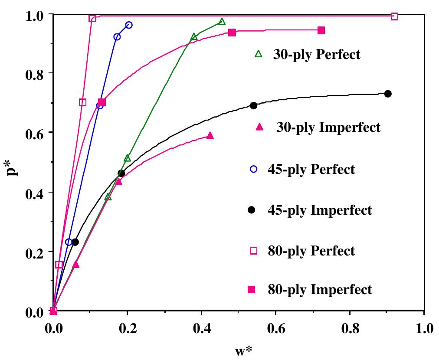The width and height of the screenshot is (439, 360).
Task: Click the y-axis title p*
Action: pyautogui.click(x=14, y=163)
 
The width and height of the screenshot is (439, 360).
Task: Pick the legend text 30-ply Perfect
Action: pyautogui.click(x=316, y=55)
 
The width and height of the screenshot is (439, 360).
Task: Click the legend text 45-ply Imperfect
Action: pyautogui.click(x=320, y=210)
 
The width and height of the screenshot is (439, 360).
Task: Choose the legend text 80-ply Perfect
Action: pyautogui.click(x=311, y=251)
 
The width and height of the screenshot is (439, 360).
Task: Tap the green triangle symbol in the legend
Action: pyautogui.click(x=259, y=54)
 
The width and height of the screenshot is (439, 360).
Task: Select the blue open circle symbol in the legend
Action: pyautogui.click(x=254, y=170)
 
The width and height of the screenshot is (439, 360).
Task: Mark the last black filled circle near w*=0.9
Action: pyautogui.click(x=388, y=94)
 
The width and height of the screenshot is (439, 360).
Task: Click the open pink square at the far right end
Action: pyautogui.click(x=394, y=16)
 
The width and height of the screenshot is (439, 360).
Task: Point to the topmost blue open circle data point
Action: pyautogui.click(x=129, y=25)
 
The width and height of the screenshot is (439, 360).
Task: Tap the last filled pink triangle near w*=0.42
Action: pyautogui.click(x=210, y=136)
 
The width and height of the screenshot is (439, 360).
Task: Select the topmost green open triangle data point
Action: pyautogui.click(x=222, y=22)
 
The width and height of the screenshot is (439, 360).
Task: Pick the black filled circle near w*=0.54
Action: pyautogui.click(x=254, y=106)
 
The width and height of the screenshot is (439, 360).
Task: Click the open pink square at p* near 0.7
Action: pyautogui.click(x=83, y=102)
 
